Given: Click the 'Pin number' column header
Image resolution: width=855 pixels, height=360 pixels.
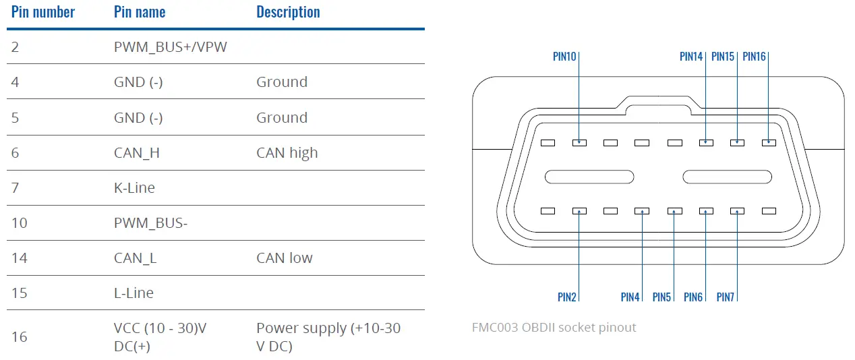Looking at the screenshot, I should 43,12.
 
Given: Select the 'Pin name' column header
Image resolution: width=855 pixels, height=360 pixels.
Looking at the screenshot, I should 140,12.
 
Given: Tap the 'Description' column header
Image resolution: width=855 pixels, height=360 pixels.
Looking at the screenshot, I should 288,12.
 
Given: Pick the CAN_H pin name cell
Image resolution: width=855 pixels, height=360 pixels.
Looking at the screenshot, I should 137,153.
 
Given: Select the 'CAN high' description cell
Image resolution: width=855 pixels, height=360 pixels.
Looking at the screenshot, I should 287,153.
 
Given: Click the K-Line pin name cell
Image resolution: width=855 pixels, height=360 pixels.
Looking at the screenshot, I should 134,188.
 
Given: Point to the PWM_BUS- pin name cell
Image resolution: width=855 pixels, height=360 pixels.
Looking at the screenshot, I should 150,223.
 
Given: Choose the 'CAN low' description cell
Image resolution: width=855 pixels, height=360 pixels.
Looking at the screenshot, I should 284,258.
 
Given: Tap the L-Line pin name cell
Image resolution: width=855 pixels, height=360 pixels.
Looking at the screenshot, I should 134,293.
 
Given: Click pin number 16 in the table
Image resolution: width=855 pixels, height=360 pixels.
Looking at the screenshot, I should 20,336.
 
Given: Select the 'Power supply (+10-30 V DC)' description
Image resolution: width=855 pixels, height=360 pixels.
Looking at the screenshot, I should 328,336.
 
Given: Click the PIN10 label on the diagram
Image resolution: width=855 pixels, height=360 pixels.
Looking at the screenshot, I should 564,57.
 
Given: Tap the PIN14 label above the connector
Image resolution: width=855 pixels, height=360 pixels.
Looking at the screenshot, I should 691,57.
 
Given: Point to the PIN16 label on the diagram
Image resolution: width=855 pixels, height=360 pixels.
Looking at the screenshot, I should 754,57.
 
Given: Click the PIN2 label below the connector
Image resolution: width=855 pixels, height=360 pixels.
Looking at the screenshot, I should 566,297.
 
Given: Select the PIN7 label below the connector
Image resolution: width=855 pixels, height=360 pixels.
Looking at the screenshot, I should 725,297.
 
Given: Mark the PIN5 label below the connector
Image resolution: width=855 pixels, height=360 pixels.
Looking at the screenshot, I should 661,297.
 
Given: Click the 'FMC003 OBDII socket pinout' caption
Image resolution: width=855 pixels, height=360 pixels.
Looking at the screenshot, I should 554,328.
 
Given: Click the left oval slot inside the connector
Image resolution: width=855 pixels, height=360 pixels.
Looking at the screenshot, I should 589,177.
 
